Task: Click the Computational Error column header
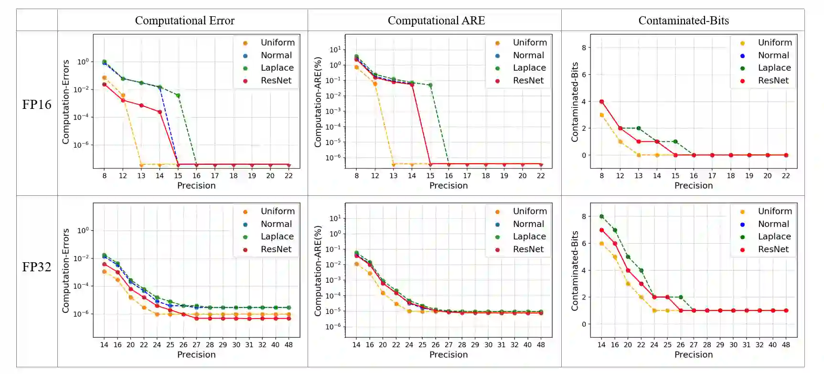(x=184, y=21)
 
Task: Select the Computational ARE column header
(x=436, y=21)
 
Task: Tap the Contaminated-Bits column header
(x=684, y=21)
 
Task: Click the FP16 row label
(x=37, y=105)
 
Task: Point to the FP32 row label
(x=37, y=267)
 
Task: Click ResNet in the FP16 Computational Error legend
(x=276, y=81)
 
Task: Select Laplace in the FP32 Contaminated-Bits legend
(x=774, y=236)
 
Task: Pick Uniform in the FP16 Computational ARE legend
(x=529, y=43)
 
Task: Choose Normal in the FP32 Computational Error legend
(x=276, y=224)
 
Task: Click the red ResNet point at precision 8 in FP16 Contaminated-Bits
(x=602, y=102)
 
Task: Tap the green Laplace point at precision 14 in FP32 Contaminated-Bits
(x=602, y=217)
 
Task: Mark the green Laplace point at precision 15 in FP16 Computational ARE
(x=430, y=85)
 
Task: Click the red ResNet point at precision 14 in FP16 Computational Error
(x=160, y=112)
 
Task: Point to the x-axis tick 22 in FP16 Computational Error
(x=289, y=176)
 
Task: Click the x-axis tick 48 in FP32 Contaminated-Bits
(x=786, y=345)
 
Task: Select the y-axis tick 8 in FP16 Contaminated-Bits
(x=584, y=48)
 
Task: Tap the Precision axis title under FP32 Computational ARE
(x=449, y=354)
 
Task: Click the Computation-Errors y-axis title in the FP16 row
(x=66, y=102)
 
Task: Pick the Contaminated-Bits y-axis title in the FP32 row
(x=575, y=271)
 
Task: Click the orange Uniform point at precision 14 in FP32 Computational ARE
(x=356, y=264)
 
